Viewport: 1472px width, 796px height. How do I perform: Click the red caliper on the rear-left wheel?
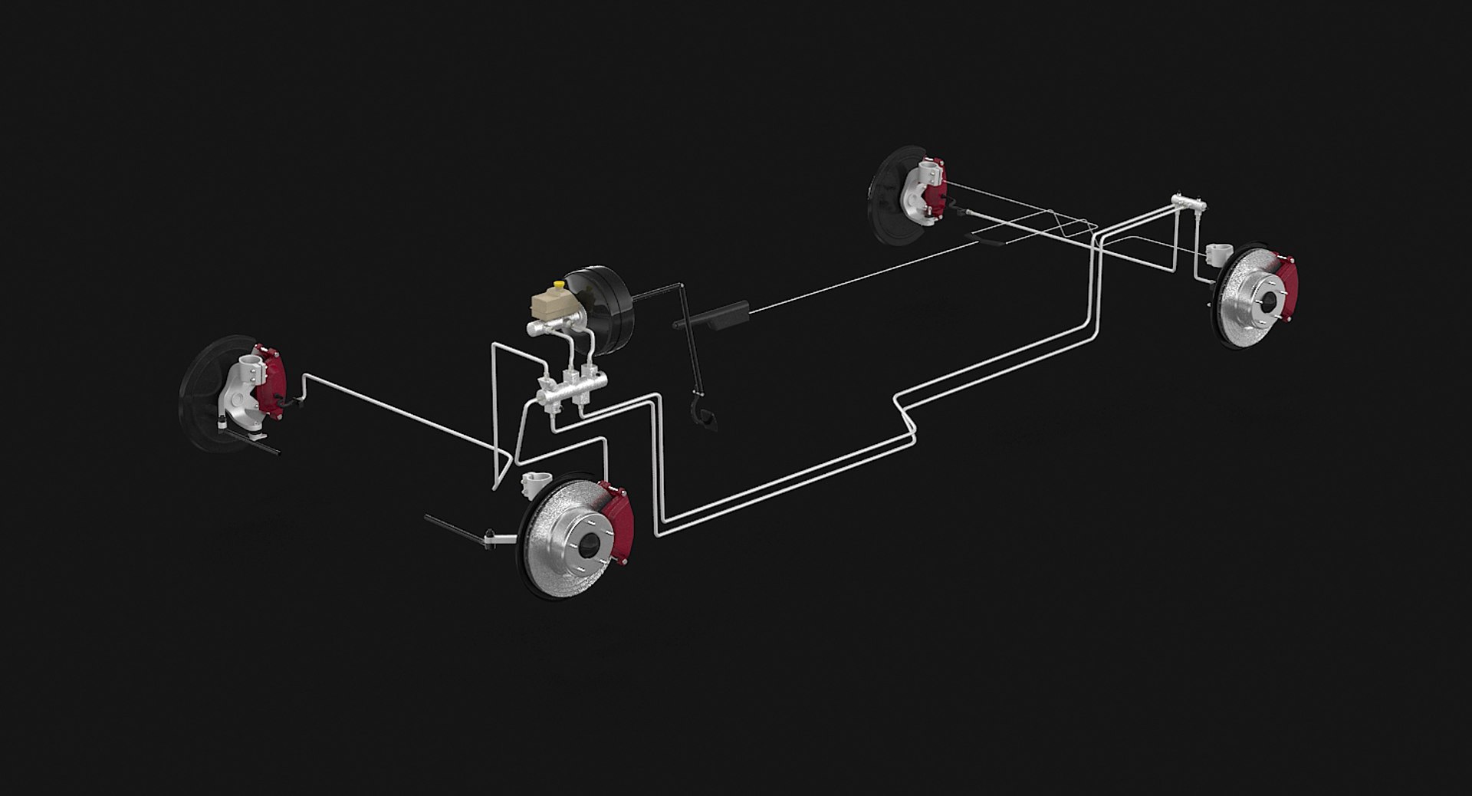point(936,192)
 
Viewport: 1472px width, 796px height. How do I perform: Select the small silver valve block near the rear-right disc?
point(1188,205)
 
